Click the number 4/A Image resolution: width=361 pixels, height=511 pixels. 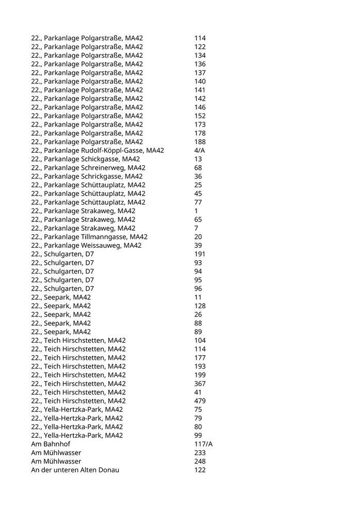pos(200,150)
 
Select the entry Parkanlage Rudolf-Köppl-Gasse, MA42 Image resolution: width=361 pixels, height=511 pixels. pos(97,150)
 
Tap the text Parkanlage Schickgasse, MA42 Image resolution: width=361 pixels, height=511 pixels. pos(85,159)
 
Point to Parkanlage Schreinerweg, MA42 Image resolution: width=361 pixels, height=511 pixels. pos(88,168)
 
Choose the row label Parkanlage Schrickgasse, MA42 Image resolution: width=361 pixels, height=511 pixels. pos(87,176)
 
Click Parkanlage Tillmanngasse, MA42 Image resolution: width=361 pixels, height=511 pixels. pos(89,237)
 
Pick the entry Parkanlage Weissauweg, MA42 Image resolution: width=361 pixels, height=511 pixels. pos(86,245)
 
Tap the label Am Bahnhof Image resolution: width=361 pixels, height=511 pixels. pos(51,444)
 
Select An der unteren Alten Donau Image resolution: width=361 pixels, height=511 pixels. pos(75,470)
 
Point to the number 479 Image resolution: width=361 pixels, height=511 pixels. pos(200,401)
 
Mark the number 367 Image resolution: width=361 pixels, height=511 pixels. pos(200,384)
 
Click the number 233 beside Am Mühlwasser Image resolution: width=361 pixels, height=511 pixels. pos(200,453)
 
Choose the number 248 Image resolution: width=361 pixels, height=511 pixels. pos(200,461)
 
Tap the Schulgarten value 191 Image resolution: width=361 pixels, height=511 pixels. pos(200,254)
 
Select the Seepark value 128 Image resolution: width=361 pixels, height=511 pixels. pos(200,306)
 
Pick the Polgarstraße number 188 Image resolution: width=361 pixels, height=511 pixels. pos(200,141)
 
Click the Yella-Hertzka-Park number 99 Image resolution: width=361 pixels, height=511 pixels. pos(198,435)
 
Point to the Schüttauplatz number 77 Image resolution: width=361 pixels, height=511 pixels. pos(198,202)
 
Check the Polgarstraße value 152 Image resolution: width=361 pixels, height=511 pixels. pos(200,116)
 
